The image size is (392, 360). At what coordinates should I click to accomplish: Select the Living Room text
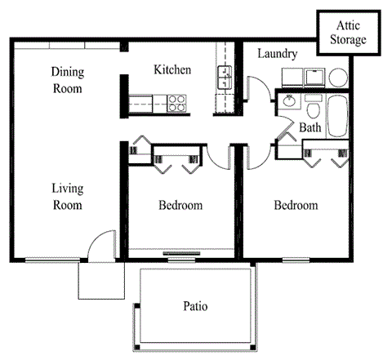(x=68, y=197)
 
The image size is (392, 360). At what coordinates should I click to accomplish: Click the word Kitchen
(x=172, y=70)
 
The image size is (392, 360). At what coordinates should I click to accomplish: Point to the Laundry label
(x=277, y=54)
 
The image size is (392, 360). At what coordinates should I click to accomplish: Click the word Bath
(x=310, y=128)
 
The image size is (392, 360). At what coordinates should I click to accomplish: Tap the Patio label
(x=194, y=307)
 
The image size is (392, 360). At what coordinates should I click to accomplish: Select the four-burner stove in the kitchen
(x=176, y=103)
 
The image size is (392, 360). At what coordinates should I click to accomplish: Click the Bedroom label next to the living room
(x=180, y=205)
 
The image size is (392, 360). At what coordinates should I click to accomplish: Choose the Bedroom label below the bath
(x=295, y=205)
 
